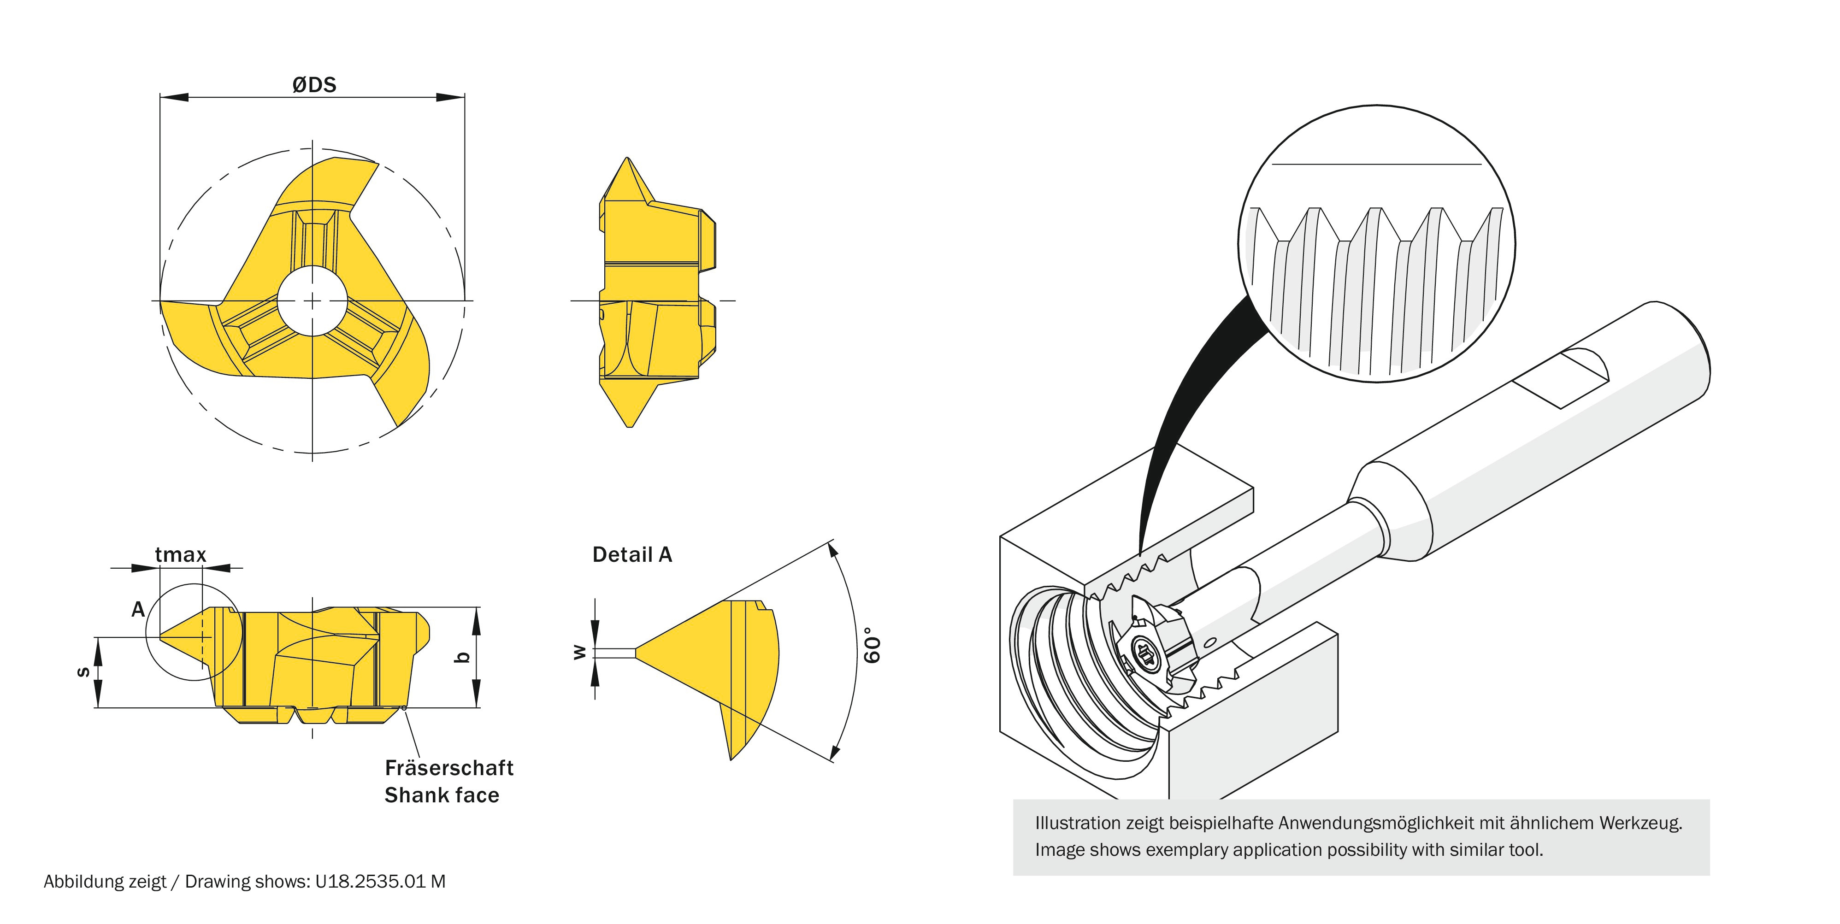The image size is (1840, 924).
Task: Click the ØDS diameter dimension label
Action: coord(314,85)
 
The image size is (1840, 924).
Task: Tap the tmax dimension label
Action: coord(180,555)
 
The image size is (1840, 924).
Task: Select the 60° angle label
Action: coord(872,645)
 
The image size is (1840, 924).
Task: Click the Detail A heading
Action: coord(632,555)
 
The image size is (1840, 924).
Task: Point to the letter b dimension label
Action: coord(462,657)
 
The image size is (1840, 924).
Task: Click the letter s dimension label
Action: coord(83,671)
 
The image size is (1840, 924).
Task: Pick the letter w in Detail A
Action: coord(579,652)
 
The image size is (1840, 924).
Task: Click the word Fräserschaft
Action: coord(448,768)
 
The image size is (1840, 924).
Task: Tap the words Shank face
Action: coord(442,795)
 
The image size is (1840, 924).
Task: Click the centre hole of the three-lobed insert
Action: coord(312,301)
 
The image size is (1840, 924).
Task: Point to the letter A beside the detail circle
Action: coord(138,609)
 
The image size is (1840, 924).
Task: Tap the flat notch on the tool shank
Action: coord(1561,378)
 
